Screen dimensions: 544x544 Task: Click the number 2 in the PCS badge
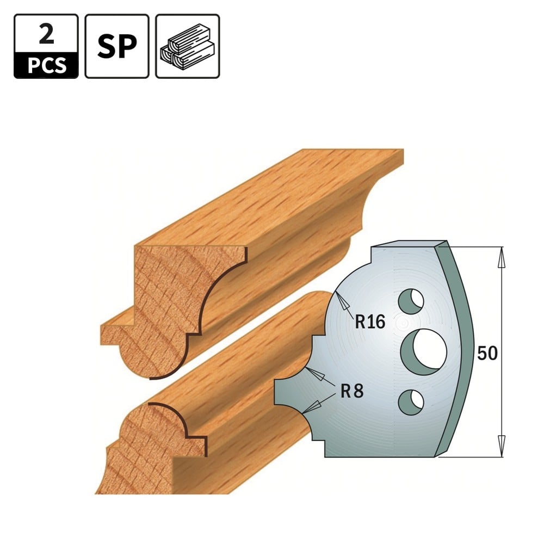pos(46,35)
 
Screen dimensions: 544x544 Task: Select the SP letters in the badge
pos(117,46)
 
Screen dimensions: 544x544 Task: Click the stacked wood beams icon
pos(188,46)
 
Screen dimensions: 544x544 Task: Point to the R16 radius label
pos(370,322)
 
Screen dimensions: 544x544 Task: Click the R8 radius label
pos(352,391)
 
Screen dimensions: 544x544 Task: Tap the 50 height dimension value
pos(487,353)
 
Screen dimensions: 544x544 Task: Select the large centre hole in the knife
pos(424,352)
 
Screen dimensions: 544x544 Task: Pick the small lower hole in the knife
pos(411,403)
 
